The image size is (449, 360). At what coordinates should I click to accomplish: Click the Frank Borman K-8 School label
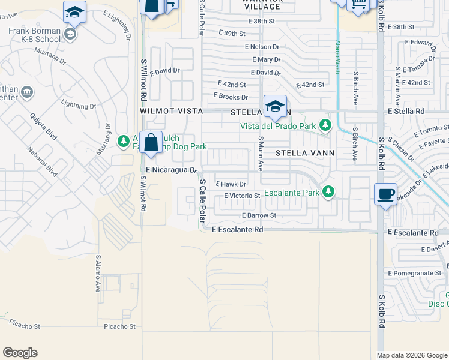point(34,35)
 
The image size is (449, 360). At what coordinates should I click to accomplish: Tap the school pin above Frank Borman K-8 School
point(74,12)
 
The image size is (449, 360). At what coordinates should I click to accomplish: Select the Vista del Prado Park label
point(279,126)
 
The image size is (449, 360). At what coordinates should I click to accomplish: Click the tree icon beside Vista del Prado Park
point(325,125)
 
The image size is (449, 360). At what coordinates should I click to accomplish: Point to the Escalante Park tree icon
point(328,192)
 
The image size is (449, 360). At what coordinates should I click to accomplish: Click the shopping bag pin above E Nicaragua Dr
point(151,143)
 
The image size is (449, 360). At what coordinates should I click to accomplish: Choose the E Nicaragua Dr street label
point(172,170)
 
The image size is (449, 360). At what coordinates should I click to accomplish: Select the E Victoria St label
point(241,196)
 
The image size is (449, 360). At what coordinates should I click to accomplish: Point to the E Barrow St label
point(259,215)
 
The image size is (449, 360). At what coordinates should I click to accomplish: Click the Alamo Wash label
point(337,58)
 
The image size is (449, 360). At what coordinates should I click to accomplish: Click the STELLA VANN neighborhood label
point(304,153)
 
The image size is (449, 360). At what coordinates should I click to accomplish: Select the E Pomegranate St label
point(415,273)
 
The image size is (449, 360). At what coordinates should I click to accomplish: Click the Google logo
point(20,353)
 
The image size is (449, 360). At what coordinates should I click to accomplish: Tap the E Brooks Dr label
point(231,96)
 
